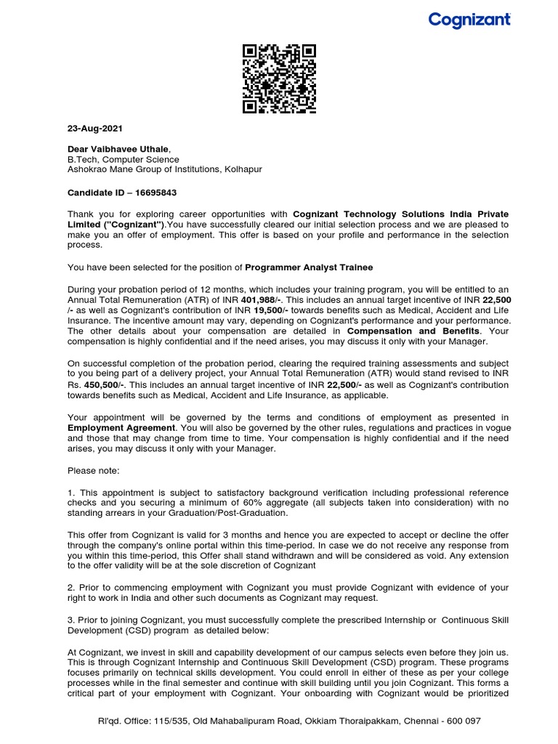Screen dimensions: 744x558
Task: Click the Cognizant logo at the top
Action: (x=469, y=20)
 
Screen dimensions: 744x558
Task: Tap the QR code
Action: (x=279, y=79)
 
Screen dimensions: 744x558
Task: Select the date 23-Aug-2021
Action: (x=95, y=129)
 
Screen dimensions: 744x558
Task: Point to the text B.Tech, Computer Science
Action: (x=123, y=159)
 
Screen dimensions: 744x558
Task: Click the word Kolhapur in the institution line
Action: (x=243, y=169)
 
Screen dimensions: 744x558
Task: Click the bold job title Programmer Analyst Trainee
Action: (x=309, y=267)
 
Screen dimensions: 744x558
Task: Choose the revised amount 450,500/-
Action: (x=105, y=384)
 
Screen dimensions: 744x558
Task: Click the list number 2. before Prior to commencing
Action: (x=70, y=587)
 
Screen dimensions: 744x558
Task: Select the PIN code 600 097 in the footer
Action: (x=464, y=721)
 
